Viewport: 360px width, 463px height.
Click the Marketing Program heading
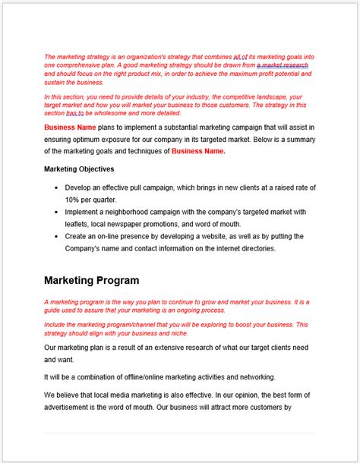click(91, 280)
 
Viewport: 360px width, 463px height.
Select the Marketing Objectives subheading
click(79, 169)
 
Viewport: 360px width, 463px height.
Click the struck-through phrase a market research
click(282, 66)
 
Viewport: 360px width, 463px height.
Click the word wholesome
click(111, 114)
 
